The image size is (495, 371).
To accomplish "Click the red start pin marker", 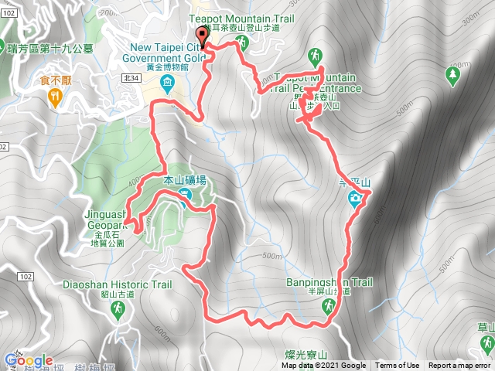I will tap(203, 36).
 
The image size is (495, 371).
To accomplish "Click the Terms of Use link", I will tap(398, 366).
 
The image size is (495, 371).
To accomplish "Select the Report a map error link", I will tap(459, 366).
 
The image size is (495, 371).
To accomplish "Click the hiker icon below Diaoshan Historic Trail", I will tap(117, 310).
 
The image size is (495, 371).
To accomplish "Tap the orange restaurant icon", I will tap(54, 97).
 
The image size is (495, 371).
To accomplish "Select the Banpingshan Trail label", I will tap(329, 283).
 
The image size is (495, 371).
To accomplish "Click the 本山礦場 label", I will tap(186, 181).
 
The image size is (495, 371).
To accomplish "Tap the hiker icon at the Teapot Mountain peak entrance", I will tap(316, 55).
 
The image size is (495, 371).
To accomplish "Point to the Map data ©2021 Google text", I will tap(323, 366).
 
